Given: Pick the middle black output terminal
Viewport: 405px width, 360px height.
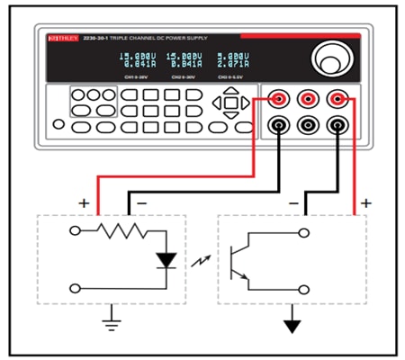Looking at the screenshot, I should [x=310, y=126].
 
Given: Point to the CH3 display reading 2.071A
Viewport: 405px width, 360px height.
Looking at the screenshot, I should [x=233, y=65].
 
